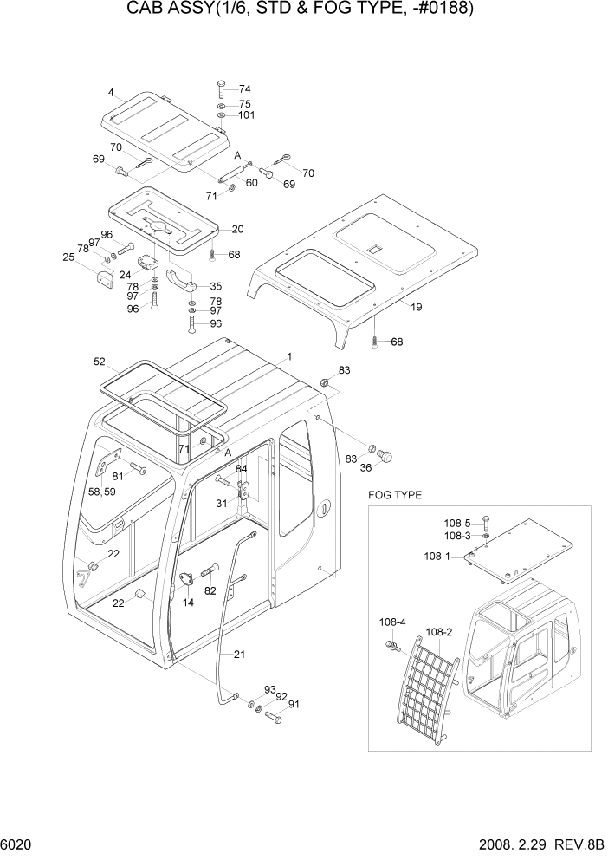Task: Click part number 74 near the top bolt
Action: coord(244,89)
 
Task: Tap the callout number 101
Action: coord(247,115)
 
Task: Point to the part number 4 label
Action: coord(111,93)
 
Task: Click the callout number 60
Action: coord(252,183)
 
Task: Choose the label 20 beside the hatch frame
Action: coord(237,229)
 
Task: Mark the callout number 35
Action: coord(215,285)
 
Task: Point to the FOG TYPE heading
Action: coord(395,495)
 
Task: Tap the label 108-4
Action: coord(391,622)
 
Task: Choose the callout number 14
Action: coord(188,601)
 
